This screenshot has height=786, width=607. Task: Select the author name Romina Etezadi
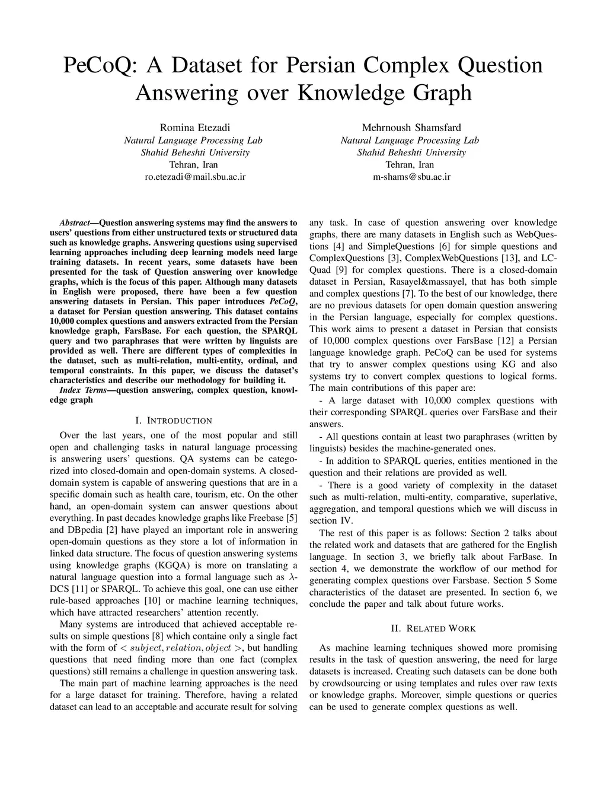pyautogui.click(x=193, y=128)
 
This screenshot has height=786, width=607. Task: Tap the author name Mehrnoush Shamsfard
pyautogui.click(x=411, y=128)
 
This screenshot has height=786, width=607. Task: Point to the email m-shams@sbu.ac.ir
pyautogui.click(x=411, y=177)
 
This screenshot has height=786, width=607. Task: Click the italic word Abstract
pyautogui.click(x=74, y=224)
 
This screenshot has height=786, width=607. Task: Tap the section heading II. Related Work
pyautogui.click(x=433, y=628)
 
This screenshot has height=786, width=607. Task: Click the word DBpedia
pyautogui.click(x=85, y=530)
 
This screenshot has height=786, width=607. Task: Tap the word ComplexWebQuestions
pyautogui.click(x=454, y=258)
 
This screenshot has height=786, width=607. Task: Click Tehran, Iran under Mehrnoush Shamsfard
pyautogui.click(x=410, y=165)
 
